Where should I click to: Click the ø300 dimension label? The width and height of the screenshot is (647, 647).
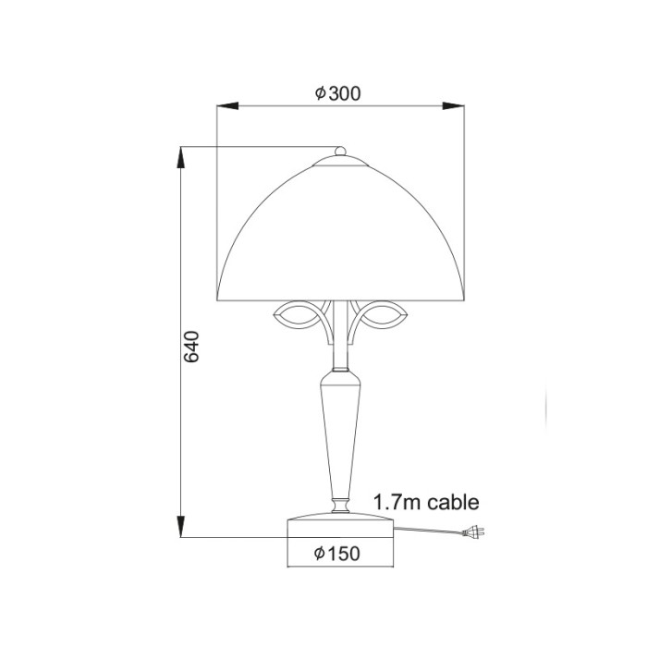pyautogui.click(x=336, y=93)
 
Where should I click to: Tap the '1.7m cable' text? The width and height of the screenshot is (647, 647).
pyautogui.click(x=426, y=503)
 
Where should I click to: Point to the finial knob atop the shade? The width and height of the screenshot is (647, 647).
pyautogui.click(x=340, y=151)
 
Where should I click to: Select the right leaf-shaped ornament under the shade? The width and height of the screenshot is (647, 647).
pyautogui.click(x=381, y=316)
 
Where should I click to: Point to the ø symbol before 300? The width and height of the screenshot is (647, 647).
pyautogui.click(x=319, y=93)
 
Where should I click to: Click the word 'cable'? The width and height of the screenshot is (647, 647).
pyautogui.click(x=453, y=503)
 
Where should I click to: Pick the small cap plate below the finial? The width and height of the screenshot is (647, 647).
pyautogui.click(x=340, y=162)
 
